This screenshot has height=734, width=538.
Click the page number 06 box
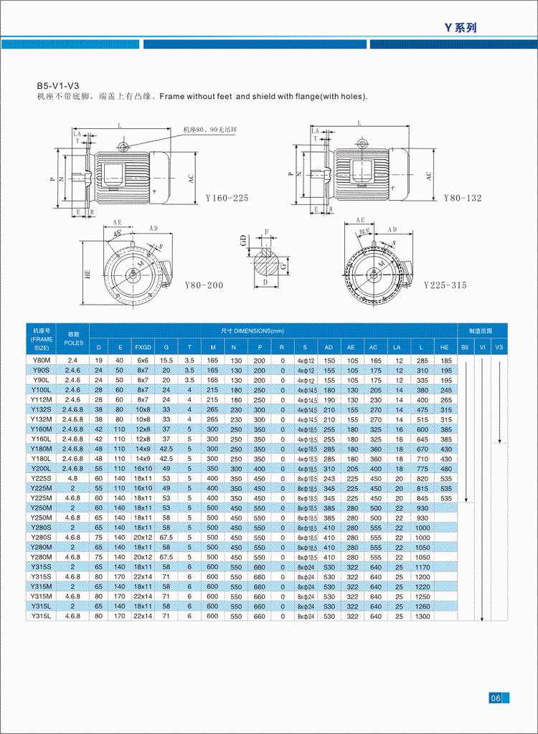tap(496, 698)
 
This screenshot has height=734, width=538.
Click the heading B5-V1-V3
tap(57, 85)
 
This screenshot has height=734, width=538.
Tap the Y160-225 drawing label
tap(227, 198)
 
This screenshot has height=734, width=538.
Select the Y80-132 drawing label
tap(463, 197)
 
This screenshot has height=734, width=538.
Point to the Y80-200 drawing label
tap(204, 285)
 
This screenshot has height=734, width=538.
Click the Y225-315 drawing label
tap(445, 285)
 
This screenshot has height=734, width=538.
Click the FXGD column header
tap(143, 347)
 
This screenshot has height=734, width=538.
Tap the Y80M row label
tap(41, 360)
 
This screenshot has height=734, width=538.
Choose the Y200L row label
tap(41, 468)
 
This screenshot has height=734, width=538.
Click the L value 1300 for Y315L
tap(423, 616)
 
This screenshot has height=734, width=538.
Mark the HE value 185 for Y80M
tap(446, 360)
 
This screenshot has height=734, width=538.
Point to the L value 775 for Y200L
tap(423, 468)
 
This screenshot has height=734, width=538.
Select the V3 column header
tap(499, 347)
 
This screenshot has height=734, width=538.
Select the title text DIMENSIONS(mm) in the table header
tap(259, 331)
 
